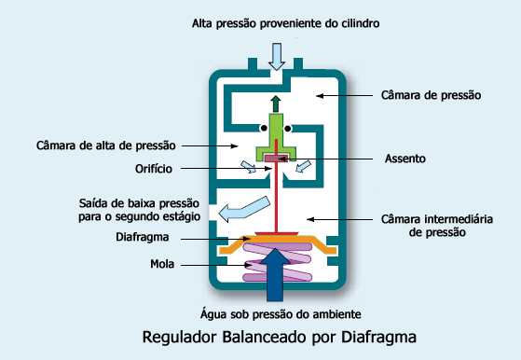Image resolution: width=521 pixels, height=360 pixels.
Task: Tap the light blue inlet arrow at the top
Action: click(277, 56)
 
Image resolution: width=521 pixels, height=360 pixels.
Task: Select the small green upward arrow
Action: click(277, 103)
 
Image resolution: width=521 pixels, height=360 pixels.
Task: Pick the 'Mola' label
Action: click(163, 265)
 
